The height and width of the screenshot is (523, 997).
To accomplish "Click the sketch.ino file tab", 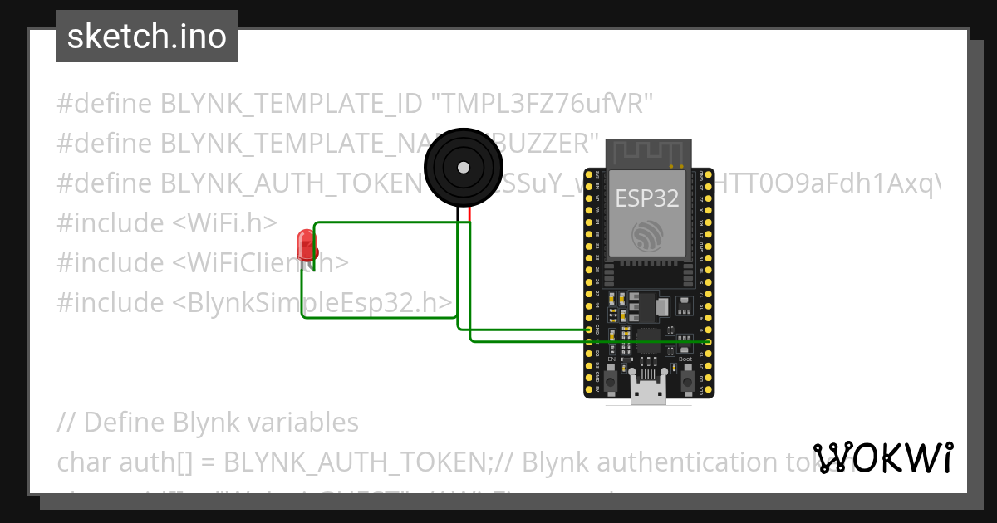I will [x=147, y=37].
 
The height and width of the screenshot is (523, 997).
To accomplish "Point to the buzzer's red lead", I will [x=469, y=213].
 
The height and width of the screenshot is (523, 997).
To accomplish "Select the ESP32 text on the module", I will [x=646, y=198].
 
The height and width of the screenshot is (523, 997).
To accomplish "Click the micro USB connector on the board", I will [x=648, y=390].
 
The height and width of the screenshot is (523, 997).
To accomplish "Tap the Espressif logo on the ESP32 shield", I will [x=648, y=236].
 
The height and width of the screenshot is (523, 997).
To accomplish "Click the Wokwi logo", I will [x=882, y=458].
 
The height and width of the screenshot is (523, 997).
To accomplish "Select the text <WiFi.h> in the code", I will [x=225, y=223].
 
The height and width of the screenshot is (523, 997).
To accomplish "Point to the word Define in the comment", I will [x=122, y=423].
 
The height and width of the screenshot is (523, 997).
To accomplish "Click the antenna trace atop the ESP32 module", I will [x=648, y=154].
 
